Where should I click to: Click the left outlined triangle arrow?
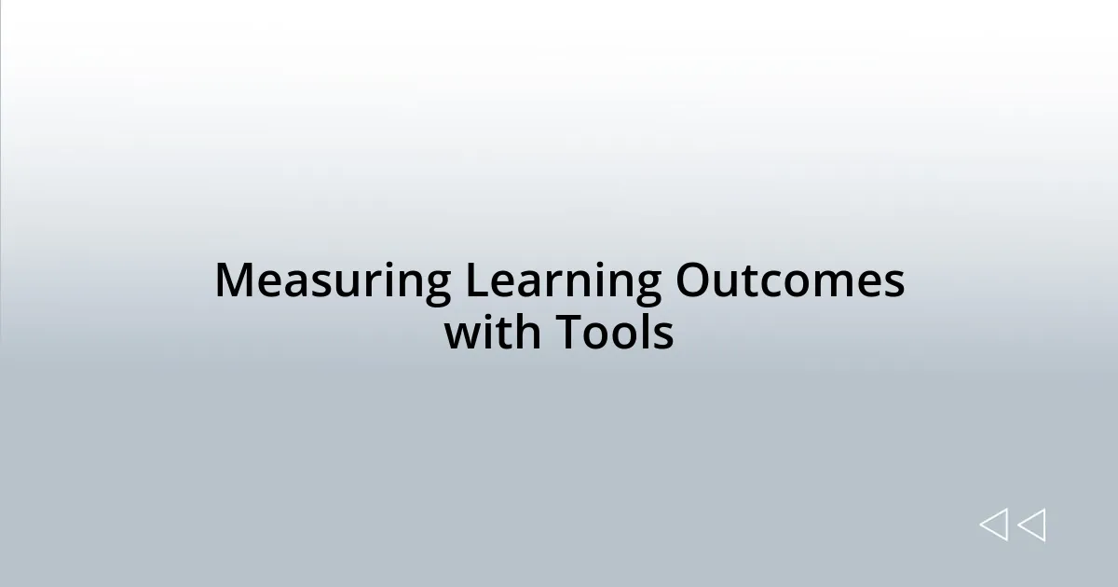click(x=993, y=526)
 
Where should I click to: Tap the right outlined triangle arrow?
click(x=1031, y=526)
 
